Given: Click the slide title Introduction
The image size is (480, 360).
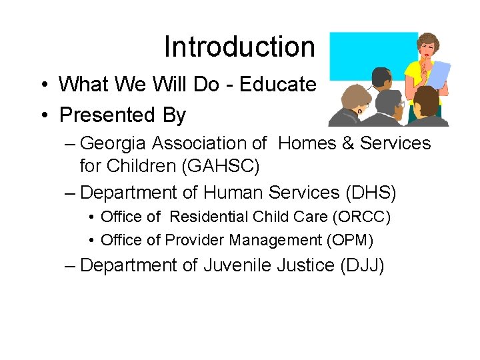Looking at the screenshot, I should coord(239,47).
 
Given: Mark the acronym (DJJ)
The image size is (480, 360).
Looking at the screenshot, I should coord(361,265).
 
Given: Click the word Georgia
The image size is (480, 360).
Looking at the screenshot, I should coord(116,143).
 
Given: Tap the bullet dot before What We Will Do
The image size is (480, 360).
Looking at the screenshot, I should coord(43,85).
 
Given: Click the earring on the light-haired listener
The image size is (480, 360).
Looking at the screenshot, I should coord(359,113).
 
